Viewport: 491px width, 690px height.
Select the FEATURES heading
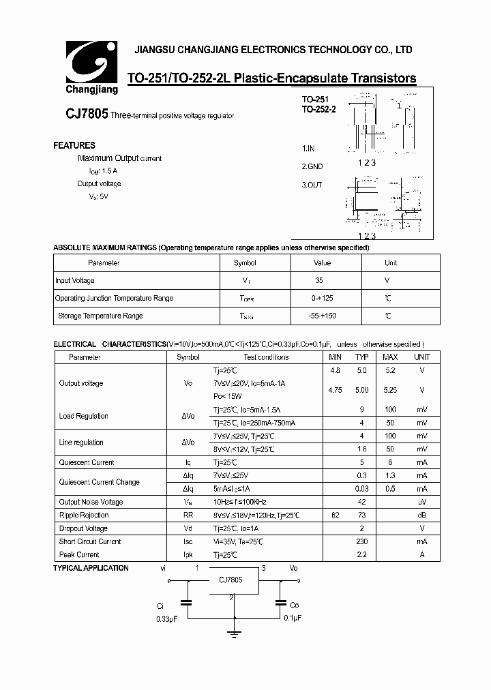(x=74, y=145)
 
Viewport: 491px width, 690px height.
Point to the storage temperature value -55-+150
(x=321, y=316)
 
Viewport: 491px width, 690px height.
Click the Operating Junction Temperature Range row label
(x=114, y=298)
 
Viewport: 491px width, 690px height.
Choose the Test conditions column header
(x=266, y=357)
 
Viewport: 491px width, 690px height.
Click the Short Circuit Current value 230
(x=361, y=541)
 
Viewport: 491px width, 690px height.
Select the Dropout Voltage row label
(x=83, y=528)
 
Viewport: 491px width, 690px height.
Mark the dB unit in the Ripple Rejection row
(x=422, y=515)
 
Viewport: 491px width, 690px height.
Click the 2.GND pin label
(x=312, y=166)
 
